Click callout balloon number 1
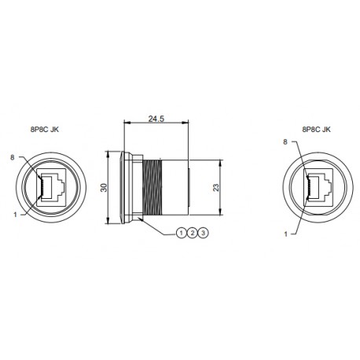[181, 233]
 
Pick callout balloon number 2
[193, 233]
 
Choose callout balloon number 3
[204, 233]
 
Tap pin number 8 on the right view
[285, 141]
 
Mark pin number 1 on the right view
[285, 233]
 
